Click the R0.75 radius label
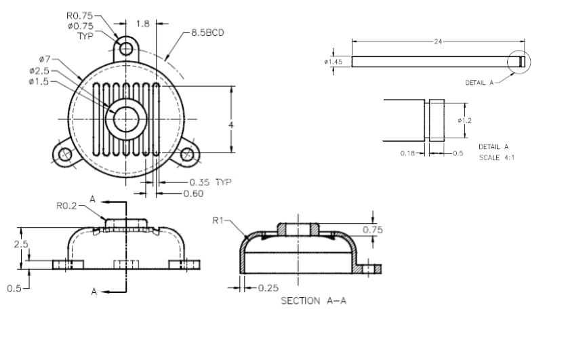pyautogui.click(x=80, y=16)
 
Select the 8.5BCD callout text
pyautogui.click(x=208, y=33)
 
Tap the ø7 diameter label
pyautogui.click(x=45, y=59)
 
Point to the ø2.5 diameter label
pyautogui.click(x=39, y=71)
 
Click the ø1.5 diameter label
pyautogui.click(x=39, y=81)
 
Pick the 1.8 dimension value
pyautogui.click(x=142, y=24)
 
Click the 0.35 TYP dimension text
pyautogui.click(x=210, y=182)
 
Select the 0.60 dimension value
pyautogui.click(x=193, y=194)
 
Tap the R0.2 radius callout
pyautogui.click(x=66, y=205)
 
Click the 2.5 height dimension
pyautogui.click(x=21, y=244)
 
